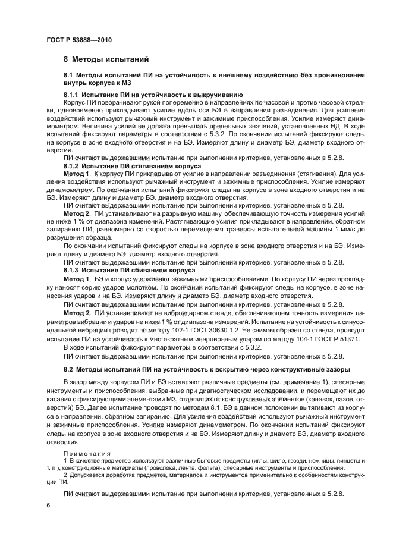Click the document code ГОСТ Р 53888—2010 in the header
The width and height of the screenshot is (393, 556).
coord(78,39)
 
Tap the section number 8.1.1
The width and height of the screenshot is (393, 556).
coord(72,95)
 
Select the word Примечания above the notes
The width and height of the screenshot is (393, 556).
coord(87,453)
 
